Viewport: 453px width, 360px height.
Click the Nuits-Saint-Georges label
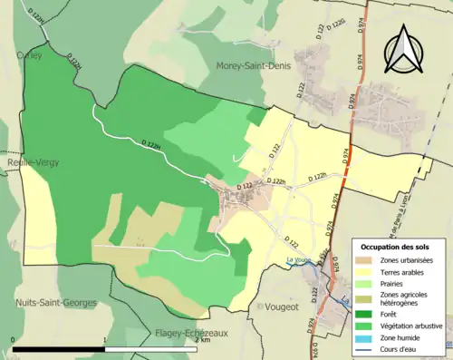coord(55,303)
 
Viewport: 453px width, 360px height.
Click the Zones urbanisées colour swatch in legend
coord(366,260)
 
